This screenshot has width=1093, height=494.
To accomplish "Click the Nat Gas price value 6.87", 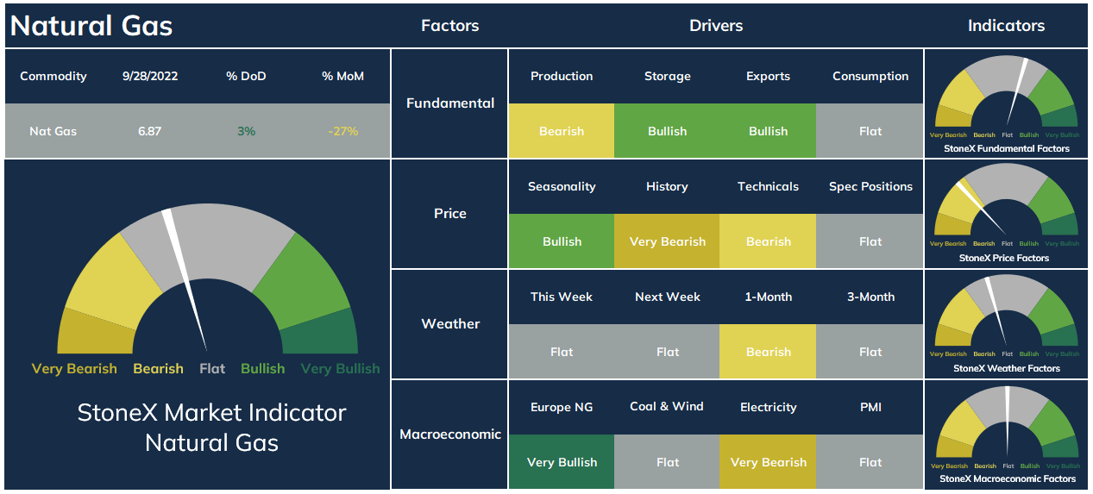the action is (149, 131).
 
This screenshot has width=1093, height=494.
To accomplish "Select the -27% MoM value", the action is (343, 131).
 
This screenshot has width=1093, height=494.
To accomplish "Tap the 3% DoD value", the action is (247, 131).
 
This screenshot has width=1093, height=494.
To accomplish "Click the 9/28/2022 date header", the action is (150, 76).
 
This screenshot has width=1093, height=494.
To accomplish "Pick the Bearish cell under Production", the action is (562, 131).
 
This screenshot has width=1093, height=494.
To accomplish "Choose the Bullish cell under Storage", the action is (667, 131).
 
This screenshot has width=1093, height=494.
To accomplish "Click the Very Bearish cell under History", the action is (667, 241).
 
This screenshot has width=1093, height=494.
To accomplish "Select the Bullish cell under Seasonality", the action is (562, 241).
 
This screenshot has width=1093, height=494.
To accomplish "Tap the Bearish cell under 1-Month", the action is (768, 352).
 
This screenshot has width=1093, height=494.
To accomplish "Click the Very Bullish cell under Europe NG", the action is (562, 462).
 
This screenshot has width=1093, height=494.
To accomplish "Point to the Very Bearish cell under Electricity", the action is (768, 462).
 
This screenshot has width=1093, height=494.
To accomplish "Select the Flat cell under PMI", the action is (870, 462).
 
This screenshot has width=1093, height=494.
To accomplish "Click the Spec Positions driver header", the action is (870, 186).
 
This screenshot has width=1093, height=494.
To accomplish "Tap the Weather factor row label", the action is (450, 324).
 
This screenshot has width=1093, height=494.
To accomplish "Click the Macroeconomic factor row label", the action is (450, 434).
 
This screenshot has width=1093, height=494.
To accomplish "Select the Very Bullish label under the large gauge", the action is (340, 369).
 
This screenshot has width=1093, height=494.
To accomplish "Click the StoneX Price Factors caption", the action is (1003, 258).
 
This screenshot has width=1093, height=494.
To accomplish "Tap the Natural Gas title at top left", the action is (91, 25).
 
